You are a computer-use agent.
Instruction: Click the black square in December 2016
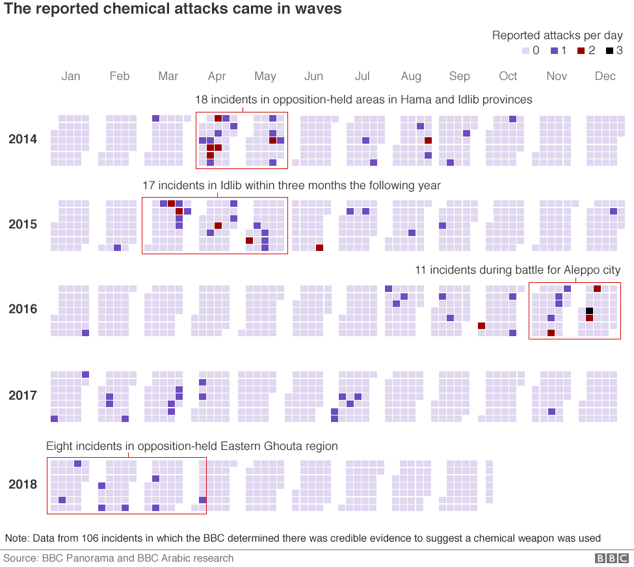(589, 311)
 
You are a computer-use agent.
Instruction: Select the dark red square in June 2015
(319, 248)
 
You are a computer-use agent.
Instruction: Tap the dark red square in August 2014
(428, 140)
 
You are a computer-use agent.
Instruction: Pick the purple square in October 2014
(513, 119)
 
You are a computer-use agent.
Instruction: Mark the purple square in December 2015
(613, 211)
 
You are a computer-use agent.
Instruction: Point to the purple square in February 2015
(117, 248)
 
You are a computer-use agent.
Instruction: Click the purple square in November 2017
(551, 412)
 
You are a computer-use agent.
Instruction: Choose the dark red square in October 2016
(481, 326)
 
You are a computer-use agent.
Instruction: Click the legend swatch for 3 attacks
(609, 51)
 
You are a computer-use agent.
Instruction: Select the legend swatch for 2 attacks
(582, 51)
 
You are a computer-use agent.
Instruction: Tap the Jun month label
(313, 76)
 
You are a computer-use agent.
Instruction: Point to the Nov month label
(557, 76)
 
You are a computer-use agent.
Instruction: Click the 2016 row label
(23, 309)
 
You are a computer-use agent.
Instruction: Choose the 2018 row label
(23, 484)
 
